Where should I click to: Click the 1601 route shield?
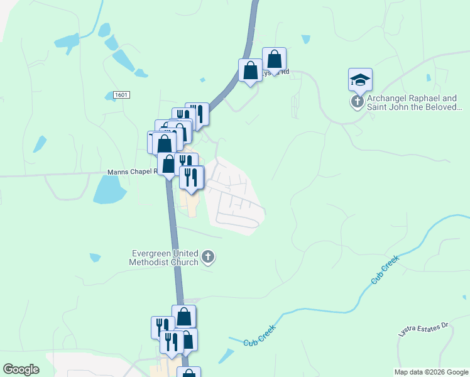click(x=122, y=95)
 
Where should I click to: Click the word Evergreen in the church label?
click(x=150, y=253)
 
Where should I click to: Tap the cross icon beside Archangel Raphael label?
click(x=358, y=102)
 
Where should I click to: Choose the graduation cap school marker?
click(x=360, y=80)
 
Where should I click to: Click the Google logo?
click(x=21, y=369)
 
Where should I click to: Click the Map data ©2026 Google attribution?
click(x=430, y=372)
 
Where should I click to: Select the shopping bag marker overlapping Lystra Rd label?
click(x=274, y=60)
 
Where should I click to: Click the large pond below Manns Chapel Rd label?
click(x=109, y=189)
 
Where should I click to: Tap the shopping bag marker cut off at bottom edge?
click(x=189, y=373)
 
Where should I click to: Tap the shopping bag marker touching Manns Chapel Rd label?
click(x=168, y=165)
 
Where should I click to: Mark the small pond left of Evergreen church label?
click(x=95, y=257)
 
